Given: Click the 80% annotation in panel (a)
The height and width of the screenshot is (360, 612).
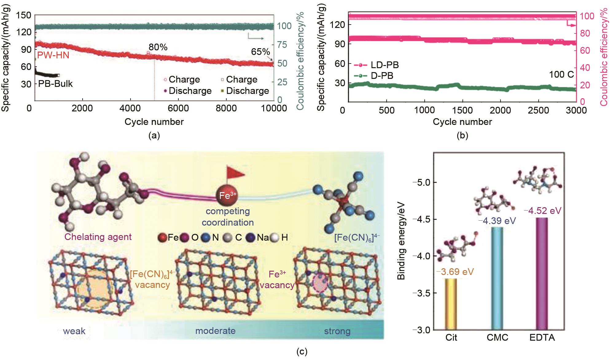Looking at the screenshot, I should pyautogui.click(x=158, y=47).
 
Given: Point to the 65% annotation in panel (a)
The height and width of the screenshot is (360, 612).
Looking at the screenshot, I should pyautogui.click(x=260, y=52).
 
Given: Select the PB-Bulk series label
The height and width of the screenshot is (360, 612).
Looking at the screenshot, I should pyautogui.click(x=55, y=84).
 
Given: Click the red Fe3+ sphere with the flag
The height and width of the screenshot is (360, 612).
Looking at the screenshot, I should pyautogui.click(x=227, y=196).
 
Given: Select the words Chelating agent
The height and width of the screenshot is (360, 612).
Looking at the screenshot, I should pyautogui.click(x=98, y=237).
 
